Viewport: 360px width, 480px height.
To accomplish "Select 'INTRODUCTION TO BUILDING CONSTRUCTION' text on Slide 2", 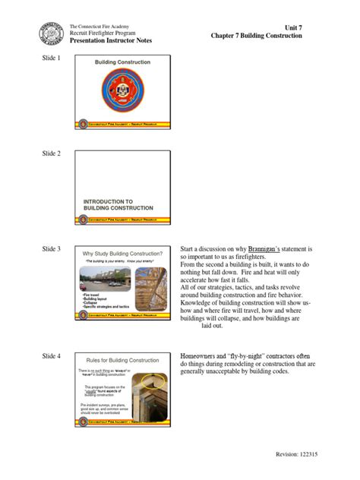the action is click(118, 204).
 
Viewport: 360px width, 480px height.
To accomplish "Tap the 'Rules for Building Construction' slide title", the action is click(122, 359).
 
